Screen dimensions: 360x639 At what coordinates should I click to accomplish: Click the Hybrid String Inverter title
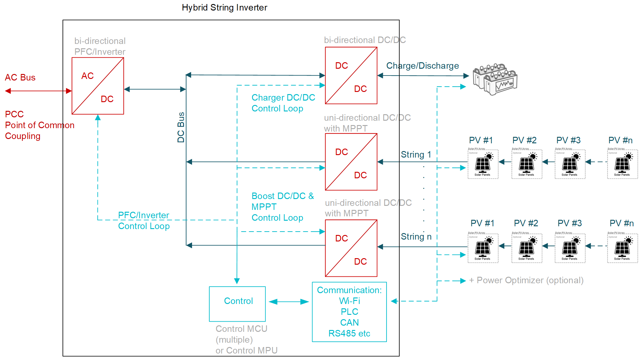(x=224, y=7)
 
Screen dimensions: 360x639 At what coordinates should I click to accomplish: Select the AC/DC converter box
(x=98, y=86)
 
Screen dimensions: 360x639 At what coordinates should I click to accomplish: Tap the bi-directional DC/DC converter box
(x=351, y=76)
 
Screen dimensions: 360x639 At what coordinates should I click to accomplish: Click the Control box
(x=237, y=304)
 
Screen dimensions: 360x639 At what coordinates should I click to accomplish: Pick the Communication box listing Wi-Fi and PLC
(x=349, y=312)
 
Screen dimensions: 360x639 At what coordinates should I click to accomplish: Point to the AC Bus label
(x=20, y=77)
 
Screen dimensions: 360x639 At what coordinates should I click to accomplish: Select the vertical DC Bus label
(x=181, y=127)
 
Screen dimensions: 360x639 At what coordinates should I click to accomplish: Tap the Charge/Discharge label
(x=422, y=66)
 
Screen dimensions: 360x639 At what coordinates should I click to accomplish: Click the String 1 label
(x=416, y=154)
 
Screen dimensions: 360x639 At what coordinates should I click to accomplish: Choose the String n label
(x=416, y=237)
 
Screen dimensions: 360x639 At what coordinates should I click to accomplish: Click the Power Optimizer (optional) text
(x=526, y=280)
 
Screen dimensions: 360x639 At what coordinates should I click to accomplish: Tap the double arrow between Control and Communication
(x=289, y=302)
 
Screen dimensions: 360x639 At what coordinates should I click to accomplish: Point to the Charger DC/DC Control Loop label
(x=283, y=103)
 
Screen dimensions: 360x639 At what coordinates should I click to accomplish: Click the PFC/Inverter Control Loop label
(x=144, y=221)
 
